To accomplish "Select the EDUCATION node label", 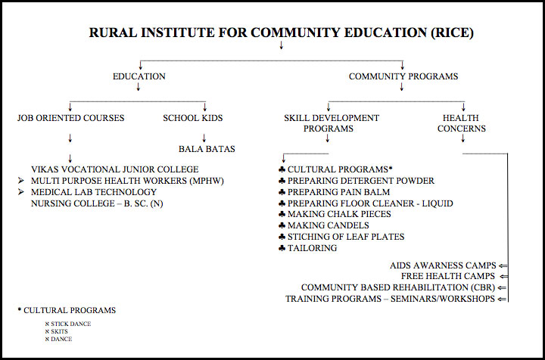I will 139,76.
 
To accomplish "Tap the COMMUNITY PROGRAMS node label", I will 403,76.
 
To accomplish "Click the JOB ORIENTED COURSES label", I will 70,118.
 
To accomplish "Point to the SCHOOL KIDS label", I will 192,118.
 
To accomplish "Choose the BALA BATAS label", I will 207,149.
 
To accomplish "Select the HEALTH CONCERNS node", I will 462,123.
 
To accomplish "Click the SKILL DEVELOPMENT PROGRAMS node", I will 331,123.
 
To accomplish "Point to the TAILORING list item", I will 312,248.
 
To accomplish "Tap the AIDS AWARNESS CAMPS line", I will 443,265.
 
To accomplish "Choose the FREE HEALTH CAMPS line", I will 448,277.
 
